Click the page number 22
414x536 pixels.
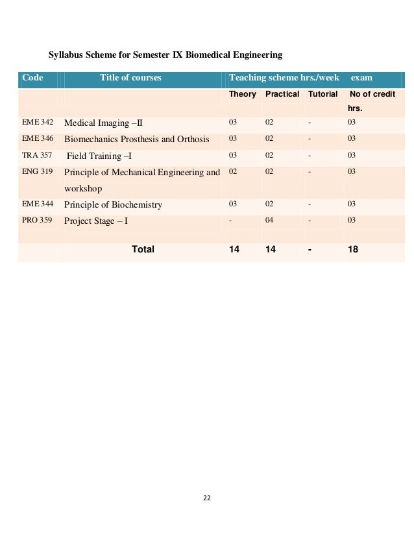(x=206, y=498)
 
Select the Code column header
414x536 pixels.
(x=32, y=78)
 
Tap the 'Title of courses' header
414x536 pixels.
(x=130, y=78)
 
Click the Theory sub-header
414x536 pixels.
(x=243, y=94)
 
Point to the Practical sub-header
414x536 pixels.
(x=282, y=94)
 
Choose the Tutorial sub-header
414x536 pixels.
(x=323, y=94)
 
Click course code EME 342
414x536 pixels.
(x=38, y=122)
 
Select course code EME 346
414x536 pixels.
(x=38, y=139)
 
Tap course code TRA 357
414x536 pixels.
(x=37, y=156)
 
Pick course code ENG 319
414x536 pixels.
(x=37, y=172)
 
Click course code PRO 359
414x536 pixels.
(x=37, y=221)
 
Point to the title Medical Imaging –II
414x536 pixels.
(x=103, y=123)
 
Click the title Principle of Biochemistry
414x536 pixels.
(x=113, y=205)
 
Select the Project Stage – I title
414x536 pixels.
(x=96, y=221)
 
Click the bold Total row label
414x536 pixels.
(x=143, y=249)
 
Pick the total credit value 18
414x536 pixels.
(x=353, y=249)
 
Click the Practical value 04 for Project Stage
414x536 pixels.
(x=269, y=221)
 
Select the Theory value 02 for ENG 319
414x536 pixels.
(x=232, y=171)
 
